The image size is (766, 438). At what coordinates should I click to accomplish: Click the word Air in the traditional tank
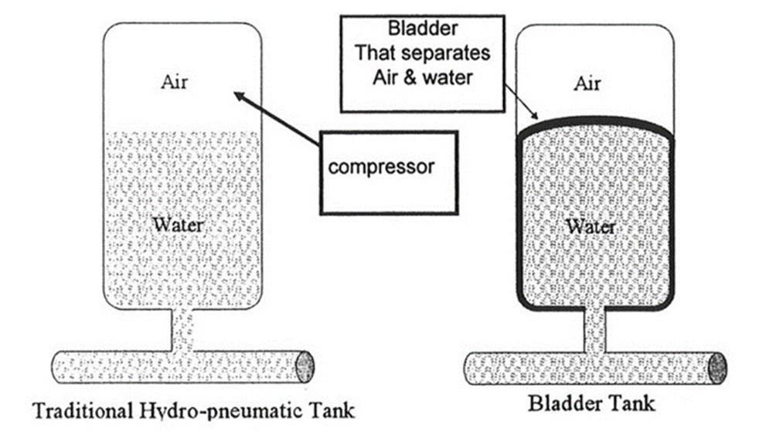point(174,83)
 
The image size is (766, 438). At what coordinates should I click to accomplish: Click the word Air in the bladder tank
point(587,83)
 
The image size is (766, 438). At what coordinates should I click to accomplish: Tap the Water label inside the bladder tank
point(591,226)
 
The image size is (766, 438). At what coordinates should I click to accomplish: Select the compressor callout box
point(388,171)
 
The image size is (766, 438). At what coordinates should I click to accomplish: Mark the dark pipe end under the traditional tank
point(305,366)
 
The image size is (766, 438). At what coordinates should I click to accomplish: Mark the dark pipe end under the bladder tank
point(718,368)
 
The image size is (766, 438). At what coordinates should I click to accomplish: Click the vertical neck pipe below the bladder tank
point(594,332)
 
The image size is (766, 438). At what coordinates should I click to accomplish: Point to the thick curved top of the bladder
point(595,121)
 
